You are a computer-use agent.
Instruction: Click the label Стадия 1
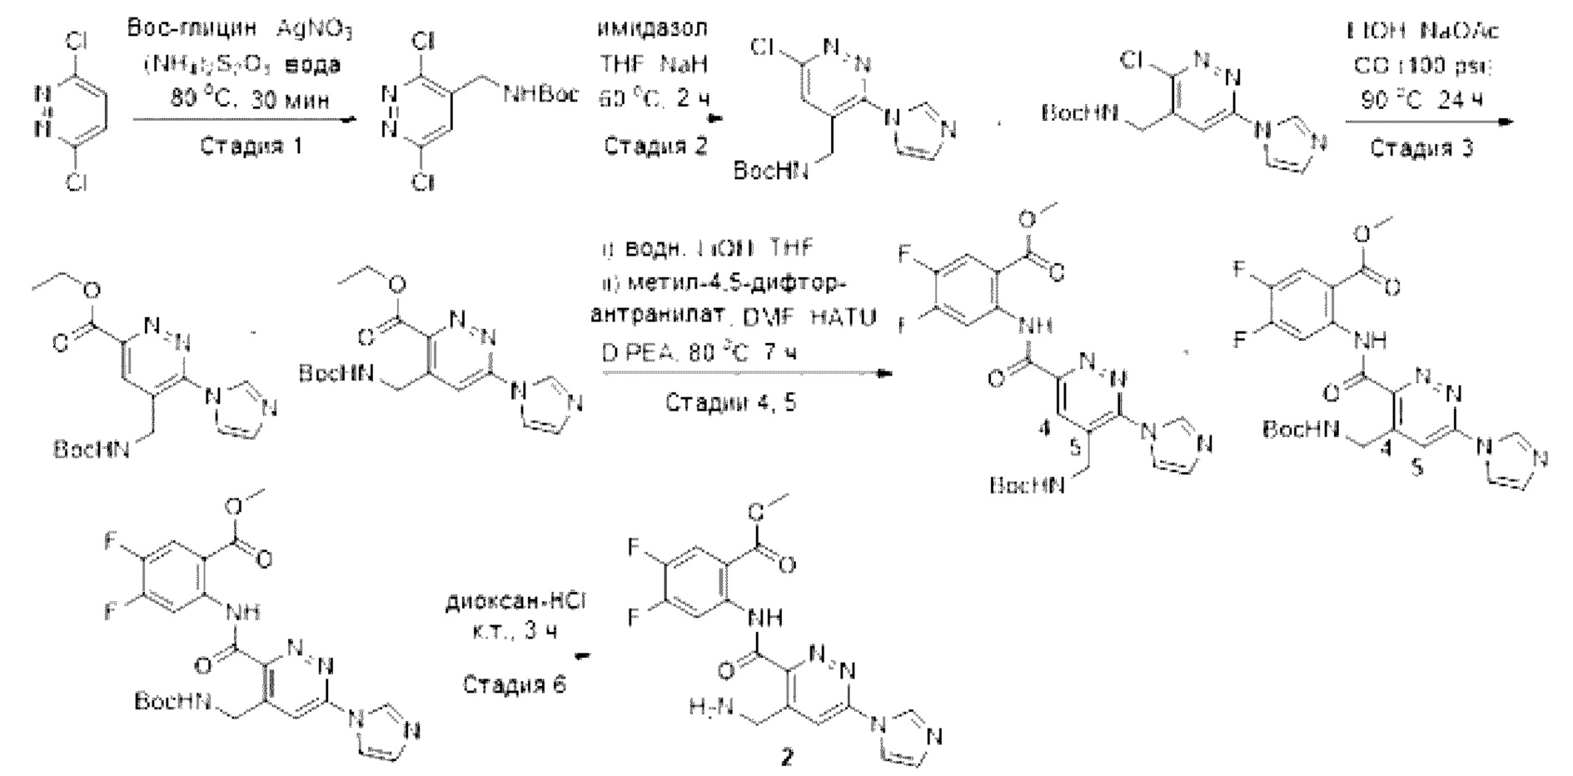(251, 147)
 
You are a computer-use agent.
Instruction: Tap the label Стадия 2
(655, 147)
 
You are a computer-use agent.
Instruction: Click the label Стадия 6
(514, 684)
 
